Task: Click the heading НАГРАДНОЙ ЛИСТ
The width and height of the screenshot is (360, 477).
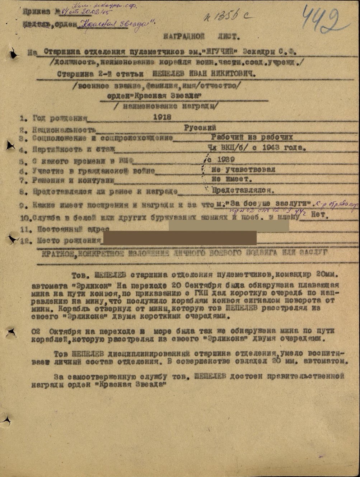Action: click(201, 36)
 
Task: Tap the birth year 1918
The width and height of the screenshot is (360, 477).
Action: click(162, 117)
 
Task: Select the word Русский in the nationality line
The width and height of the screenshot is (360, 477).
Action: click(200, 127)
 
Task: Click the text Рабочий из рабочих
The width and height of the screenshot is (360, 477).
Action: click(252, 137)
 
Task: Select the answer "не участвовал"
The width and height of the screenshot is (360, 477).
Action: click(243, 169)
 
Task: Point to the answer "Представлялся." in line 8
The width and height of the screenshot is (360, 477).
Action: click(244, 190)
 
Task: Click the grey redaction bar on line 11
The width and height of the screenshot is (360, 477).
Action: click(229, 226)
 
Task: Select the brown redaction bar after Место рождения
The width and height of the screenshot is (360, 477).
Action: click(179, 238)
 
